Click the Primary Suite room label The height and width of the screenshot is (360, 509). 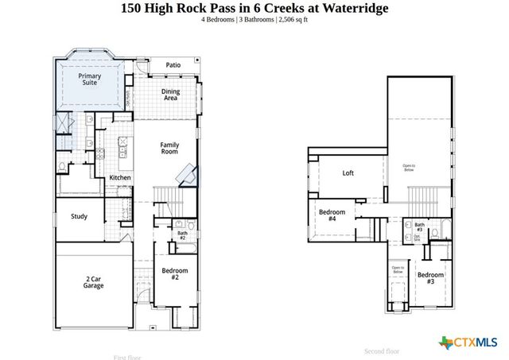click(89, 79)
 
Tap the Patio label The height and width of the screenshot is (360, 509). click(173, 65)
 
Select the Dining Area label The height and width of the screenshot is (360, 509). click(170, 95)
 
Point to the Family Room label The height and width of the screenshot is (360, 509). click(170, 149)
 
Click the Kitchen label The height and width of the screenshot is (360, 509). click(120, 177)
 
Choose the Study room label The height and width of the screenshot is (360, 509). click(79, 216)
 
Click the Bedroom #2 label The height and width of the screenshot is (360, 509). click(174, 274)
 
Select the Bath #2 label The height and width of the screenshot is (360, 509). click(182, 236)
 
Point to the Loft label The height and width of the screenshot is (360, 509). click(348, 172)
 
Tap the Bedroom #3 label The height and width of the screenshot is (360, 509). click(430, 277)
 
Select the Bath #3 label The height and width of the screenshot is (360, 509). click(419, 227)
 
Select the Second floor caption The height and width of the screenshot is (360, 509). click(382, 350)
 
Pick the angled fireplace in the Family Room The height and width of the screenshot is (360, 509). click(188, 174)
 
